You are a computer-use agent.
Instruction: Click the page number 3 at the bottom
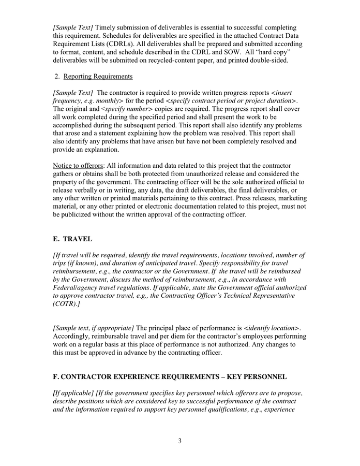point(179,441)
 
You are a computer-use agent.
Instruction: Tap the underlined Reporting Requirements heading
point(98,77)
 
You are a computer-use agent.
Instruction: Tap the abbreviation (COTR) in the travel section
point(65,304)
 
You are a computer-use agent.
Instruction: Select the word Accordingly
point(73,337)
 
